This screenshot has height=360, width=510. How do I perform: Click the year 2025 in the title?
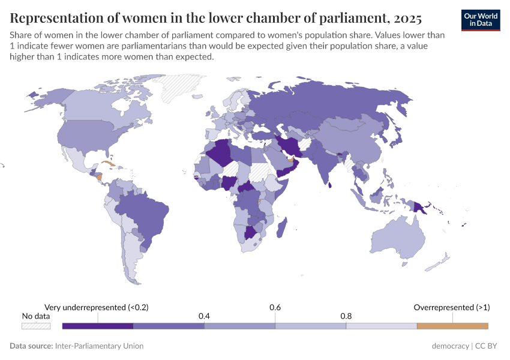click(x=406, y=17)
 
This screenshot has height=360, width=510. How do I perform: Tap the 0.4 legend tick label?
click(x=204, y=316)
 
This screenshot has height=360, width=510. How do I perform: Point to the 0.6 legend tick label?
click(x=275, y=307)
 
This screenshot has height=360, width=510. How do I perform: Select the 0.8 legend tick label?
click(x=346, y=316)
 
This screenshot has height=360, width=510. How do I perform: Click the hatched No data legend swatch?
click(x=36, y=326)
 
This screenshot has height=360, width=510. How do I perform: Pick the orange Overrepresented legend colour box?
click(x=452, y=326)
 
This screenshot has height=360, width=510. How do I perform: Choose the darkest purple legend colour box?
click(x=98, y=326)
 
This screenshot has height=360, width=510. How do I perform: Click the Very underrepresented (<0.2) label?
click(x=97, y=307)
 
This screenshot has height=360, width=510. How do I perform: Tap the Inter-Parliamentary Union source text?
click(x=99, y=346)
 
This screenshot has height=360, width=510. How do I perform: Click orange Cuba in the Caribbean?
click(x=107, y=163)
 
